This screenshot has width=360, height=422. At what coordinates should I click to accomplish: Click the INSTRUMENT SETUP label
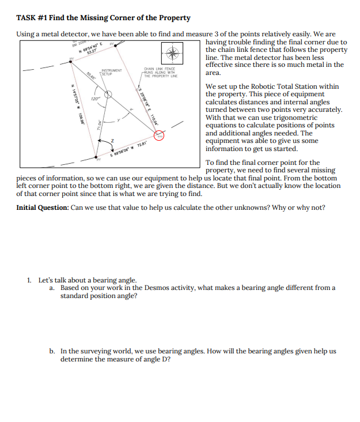pyautogui.click(x=112, y=73)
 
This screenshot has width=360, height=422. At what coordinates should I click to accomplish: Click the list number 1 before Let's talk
pyautogui.click(x=29, y=280)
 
